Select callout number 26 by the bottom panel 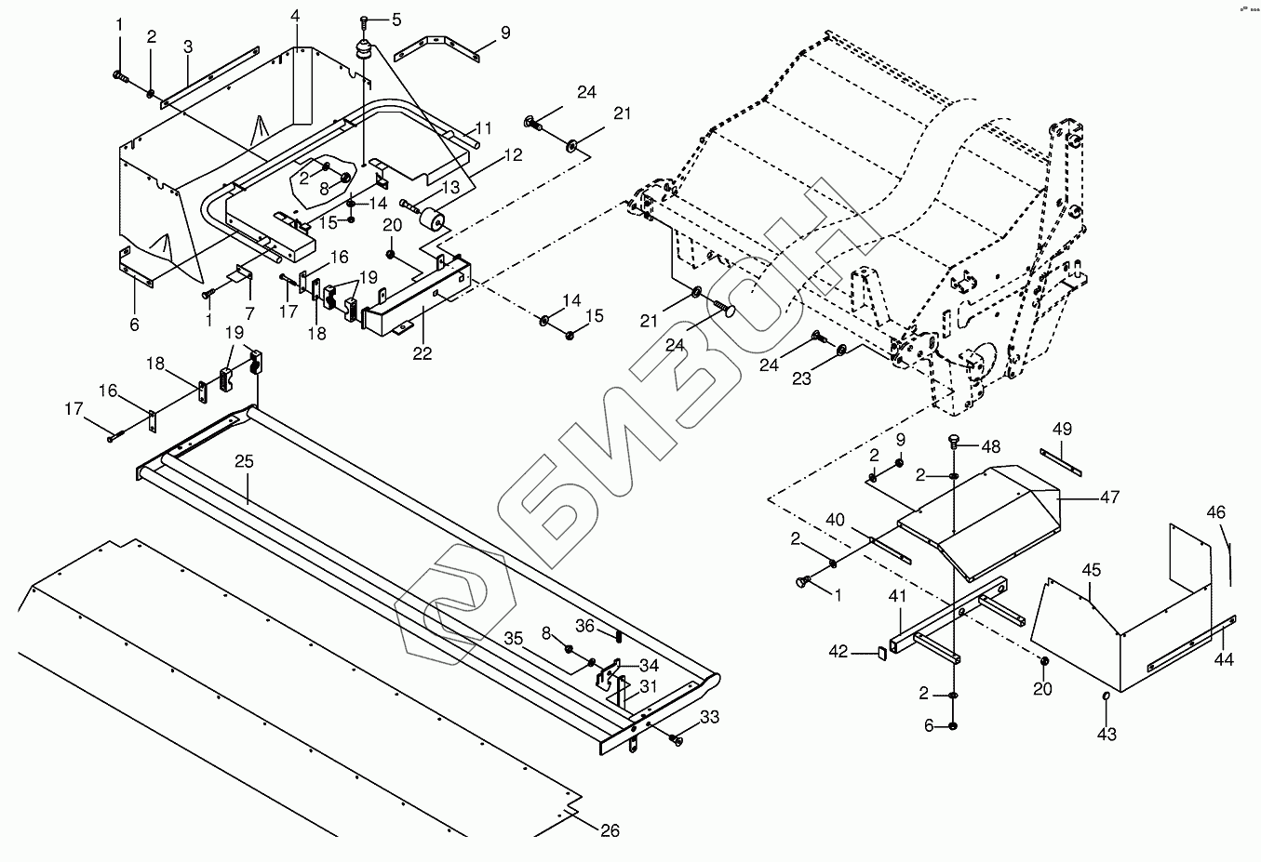(x=610, y=830)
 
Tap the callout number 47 (x=1109, y=497)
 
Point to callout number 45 (x=1092, y=569)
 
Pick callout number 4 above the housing (x=295, y=17)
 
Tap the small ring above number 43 (x=1107, y=696)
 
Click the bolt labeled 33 (x=677, y=739)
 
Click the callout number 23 (x=801, y=378)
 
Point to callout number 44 (x=1224, y=659)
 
